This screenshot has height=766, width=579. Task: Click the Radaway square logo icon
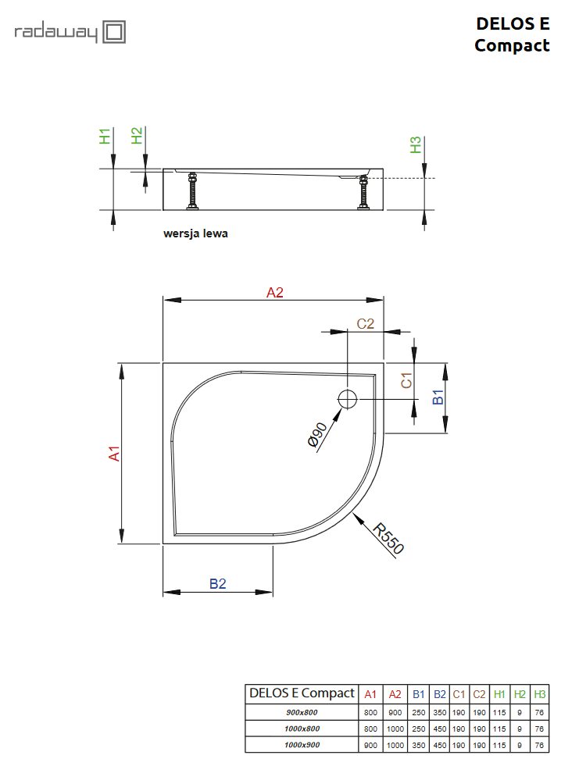coord(115,33)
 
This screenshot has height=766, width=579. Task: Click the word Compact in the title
coord(512,45)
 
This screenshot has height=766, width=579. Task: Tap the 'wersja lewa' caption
coord(195,233)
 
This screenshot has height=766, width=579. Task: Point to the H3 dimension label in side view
coord(416,144)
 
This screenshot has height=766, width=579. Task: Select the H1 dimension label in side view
coord(105,136)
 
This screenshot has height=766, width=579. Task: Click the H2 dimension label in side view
coord(137,136)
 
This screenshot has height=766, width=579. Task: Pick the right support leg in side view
coord(363,193)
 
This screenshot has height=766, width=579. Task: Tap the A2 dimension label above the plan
coord(274,293)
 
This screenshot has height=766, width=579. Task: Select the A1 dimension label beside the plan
coord(114,453)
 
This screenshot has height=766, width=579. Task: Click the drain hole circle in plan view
coord(347,400)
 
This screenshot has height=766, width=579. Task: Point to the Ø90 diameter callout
coord(316,435)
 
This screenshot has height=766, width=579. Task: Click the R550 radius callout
coord(388,539)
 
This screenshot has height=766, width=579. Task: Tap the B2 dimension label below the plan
coord(217,583)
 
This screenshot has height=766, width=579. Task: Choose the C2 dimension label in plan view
coord(366,323)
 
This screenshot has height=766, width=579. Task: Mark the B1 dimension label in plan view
coord(438,397)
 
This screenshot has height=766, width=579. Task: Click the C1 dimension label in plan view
coord(406,380)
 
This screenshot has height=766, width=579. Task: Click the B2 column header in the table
coord(439,693)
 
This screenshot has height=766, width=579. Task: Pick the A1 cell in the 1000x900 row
coord(370,745)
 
